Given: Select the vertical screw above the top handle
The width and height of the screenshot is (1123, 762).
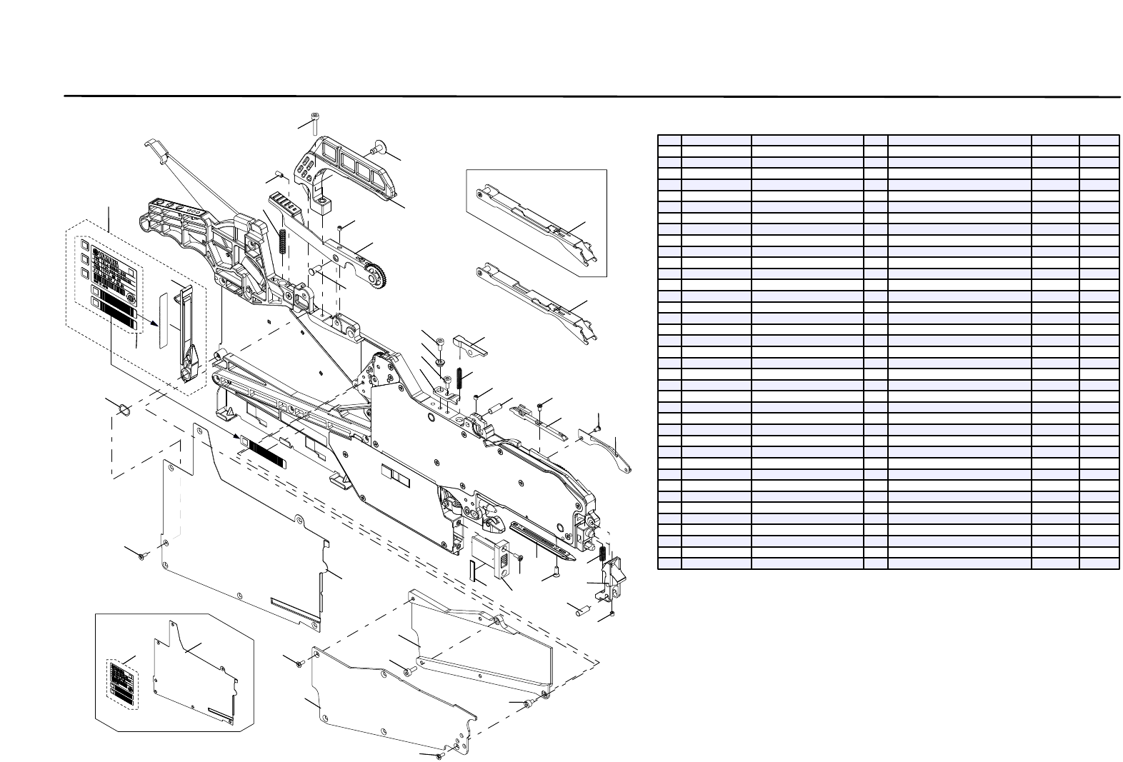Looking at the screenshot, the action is pos(314,124).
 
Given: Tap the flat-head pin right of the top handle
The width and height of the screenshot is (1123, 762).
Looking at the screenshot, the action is pos(376,149).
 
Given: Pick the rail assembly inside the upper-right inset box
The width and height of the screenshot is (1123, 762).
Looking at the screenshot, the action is pos(536,224).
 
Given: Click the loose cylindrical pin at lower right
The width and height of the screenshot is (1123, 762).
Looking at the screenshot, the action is pos(581,609).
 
